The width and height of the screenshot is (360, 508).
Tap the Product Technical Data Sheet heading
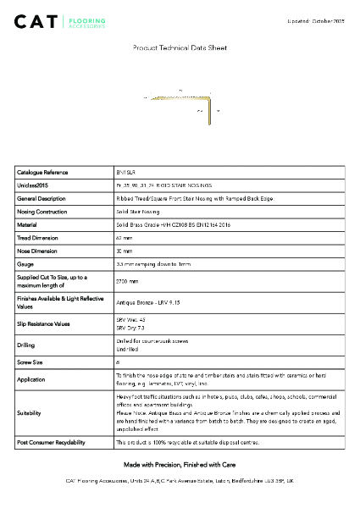[180, 49]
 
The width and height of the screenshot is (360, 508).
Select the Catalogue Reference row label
[42, 171]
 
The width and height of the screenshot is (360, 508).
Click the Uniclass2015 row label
[33, 185]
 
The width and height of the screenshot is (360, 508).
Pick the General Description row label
[42, 198]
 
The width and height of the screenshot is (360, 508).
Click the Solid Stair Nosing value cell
[138, 212]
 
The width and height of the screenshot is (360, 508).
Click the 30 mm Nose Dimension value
[124, 251]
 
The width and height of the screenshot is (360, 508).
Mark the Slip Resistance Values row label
[46, 323]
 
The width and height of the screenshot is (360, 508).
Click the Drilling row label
[26, 345]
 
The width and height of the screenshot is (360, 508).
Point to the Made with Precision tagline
[180, 465]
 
